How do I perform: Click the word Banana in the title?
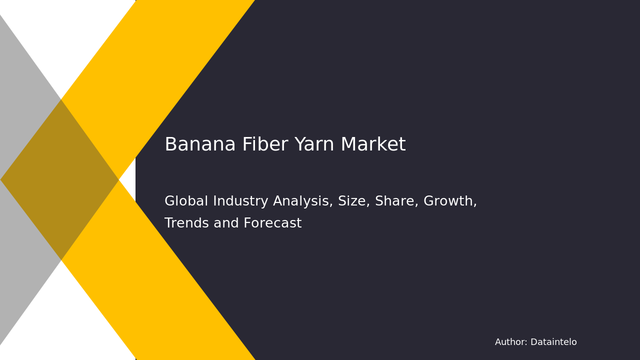pyautogui.click(x=200, y=145)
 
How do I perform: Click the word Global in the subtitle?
pyautogui.click(x=186, y=201)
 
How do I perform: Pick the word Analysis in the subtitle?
pyautogui.click(x=302, y=201)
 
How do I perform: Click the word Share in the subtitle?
pyautogui.click(x=395, y=201)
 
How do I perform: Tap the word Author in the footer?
pyautogui.click(x=510, y=342)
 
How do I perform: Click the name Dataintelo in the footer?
pyautogui.click(x=553, y=342)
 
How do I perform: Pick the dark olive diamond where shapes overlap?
pyautogui.click(x=60, y=179)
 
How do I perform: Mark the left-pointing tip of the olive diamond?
pyautogui.click(x=2, y=179)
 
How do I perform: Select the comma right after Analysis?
pyautogui.click(x=331, y=205)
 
